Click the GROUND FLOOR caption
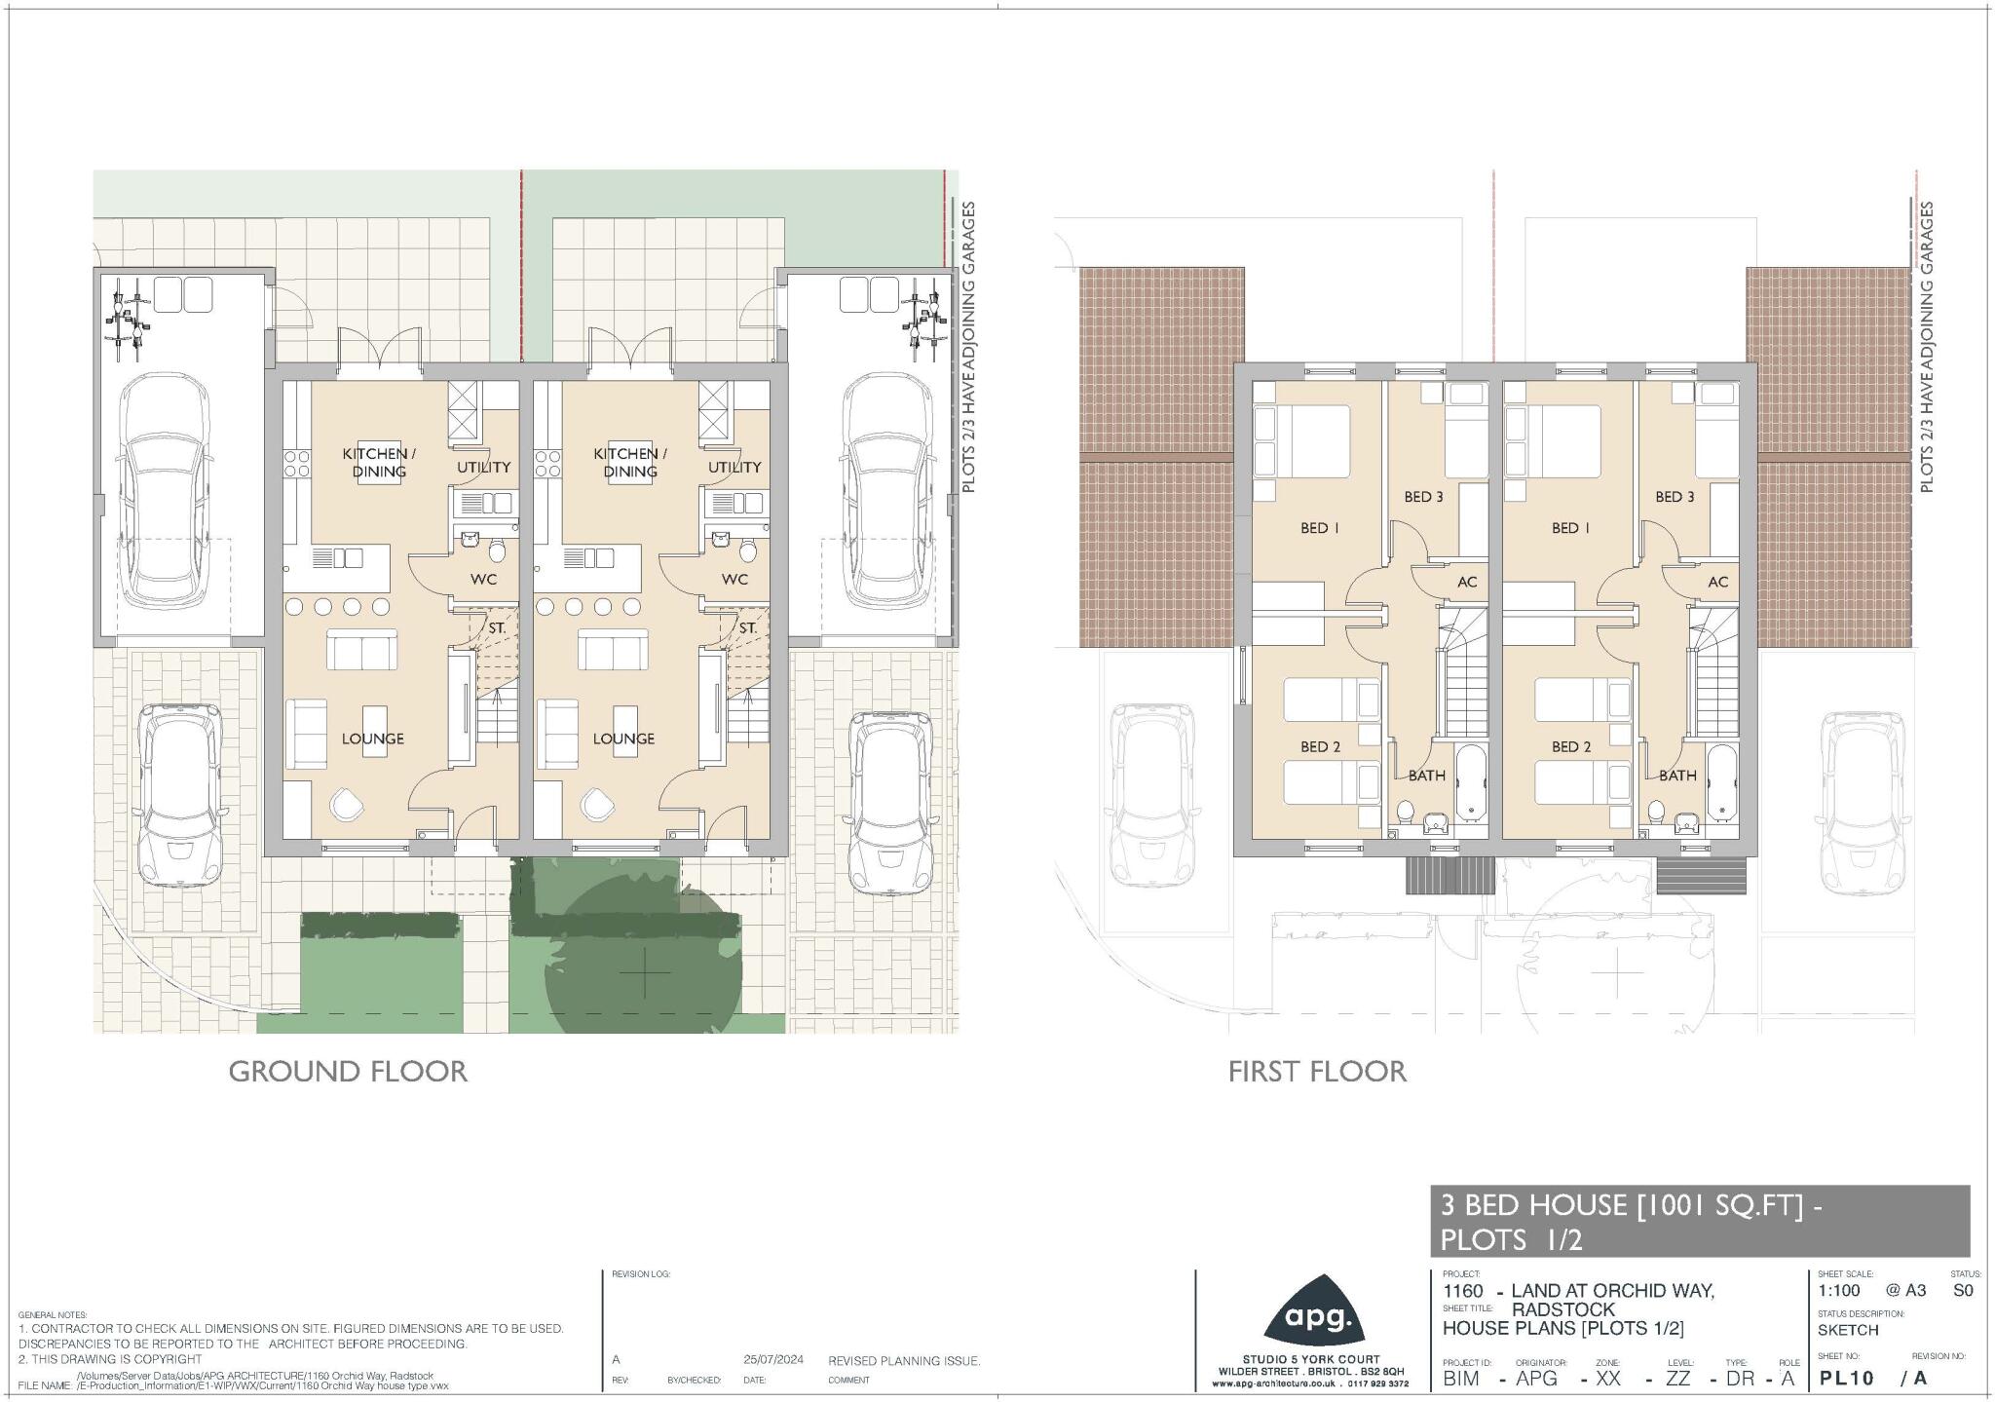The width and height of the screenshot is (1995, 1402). pos(348,1072)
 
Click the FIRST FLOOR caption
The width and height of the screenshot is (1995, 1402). pos(1317,1072)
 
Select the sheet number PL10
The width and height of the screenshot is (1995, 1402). pos(1846,1379)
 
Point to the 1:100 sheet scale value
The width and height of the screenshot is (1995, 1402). pos(1839,1291)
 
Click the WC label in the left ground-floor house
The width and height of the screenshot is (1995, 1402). pos(483,580)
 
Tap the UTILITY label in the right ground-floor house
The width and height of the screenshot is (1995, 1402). pos(734,468)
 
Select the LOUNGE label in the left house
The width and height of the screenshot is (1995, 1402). pos(372,739)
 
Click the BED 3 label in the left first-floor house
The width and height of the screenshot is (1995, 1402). pos(1423,497)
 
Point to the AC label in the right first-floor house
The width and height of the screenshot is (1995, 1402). pos(1718,582)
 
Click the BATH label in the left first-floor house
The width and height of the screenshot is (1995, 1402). pos(1426,777)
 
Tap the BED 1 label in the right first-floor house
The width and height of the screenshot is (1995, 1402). pos(1570,528)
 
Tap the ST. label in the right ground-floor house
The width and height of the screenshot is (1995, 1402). pos(747,628)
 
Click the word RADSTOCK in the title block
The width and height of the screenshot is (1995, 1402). pos(1562,1309)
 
